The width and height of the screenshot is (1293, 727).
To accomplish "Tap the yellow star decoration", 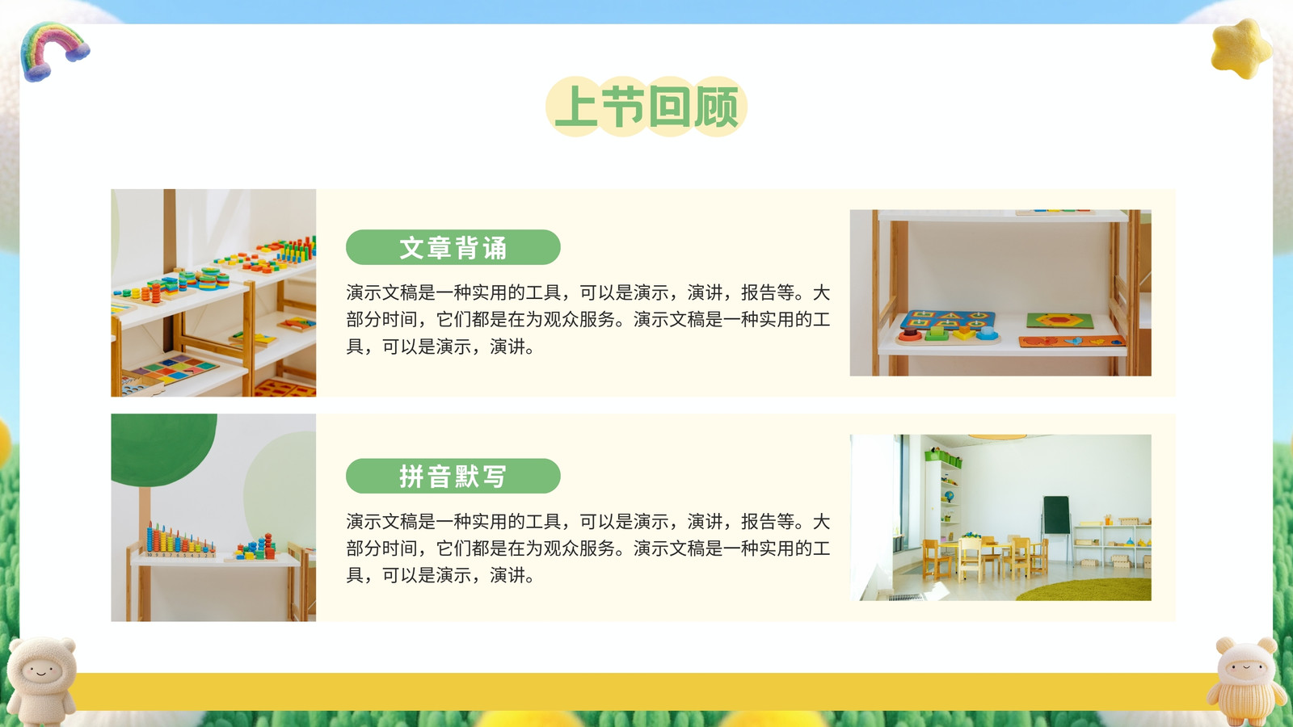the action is [x=1241, y=49].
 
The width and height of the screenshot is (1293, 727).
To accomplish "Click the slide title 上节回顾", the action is [x=646, y=107].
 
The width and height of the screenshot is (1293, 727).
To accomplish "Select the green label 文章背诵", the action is [x=453, y=247].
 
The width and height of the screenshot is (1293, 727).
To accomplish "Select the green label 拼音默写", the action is [x=453, y=476].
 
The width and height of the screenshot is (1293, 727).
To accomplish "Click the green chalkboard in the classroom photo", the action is [x=1056, y=515].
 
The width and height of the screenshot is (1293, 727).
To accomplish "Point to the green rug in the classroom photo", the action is [x=1085, y=590].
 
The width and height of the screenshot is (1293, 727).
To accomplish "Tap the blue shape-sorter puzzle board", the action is [x=947, y=327].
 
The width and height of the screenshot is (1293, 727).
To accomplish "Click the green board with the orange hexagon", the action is [x=1059, y=321].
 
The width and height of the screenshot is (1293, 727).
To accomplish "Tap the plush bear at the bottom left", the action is [x=41, y=681].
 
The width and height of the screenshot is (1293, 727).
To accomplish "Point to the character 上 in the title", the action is [x=575, y=107].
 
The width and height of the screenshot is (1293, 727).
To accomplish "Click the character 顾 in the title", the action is [x=716, y=107].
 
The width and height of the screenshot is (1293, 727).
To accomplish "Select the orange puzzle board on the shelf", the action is [x=1072, y=342].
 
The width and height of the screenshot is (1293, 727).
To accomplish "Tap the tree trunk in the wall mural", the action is [x=145, y=514].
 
